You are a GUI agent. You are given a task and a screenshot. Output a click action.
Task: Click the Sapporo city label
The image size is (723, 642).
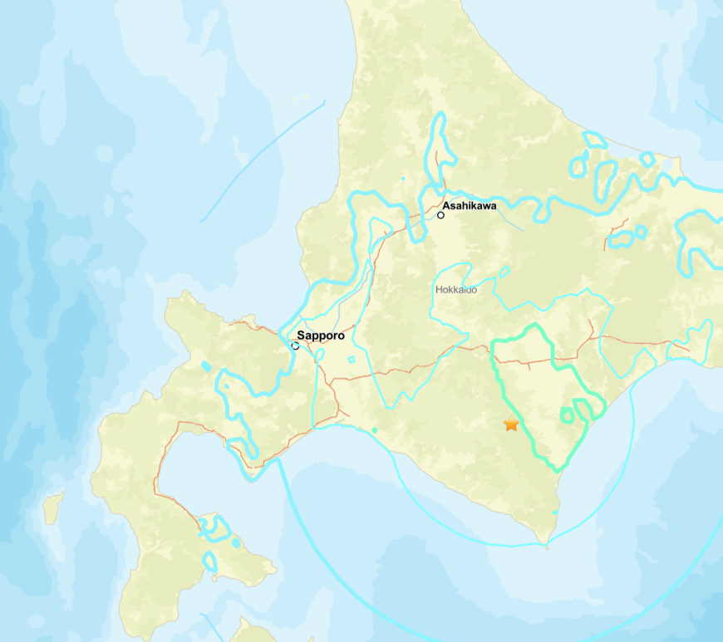click(x=321, y=336)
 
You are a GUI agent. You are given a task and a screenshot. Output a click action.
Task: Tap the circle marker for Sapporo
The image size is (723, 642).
click(x=295, y=346)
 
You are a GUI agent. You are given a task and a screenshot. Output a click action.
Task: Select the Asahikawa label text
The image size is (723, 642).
click(x=470, y=205)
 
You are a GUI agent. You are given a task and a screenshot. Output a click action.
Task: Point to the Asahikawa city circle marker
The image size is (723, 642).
click(x=440, y=215)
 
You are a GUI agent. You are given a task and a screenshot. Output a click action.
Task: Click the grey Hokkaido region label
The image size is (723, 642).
click(x=456, y=290)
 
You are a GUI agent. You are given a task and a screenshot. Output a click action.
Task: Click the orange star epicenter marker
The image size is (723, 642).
click(x=511, y=424)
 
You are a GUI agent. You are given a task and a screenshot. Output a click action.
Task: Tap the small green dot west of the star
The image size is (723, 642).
click(x=375, y=430)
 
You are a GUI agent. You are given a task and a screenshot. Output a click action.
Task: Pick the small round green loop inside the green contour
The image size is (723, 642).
click(x=567, y=414)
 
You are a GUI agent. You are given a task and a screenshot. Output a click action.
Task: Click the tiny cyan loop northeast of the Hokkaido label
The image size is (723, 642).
click(x=504, y=272)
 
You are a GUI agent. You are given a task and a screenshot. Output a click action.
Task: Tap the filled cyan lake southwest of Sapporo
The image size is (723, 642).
click(x=205, y=365)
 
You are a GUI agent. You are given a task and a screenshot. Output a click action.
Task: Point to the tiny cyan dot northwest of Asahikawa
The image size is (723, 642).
click(x=402, y=178)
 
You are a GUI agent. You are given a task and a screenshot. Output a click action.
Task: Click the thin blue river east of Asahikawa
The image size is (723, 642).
click(x=507, y=220)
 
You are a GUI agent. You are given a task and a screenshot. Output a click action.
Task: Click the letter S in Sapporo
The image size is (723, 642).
click(x=301, y=336)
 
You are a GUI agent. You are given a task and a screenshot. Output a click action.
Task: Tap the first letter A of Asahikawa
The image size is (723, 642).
click(x=446, y=205)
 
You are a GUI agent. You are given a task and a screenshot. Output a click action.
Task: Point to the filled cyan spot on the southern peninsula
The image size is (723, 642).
click(x=236, y=542)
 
